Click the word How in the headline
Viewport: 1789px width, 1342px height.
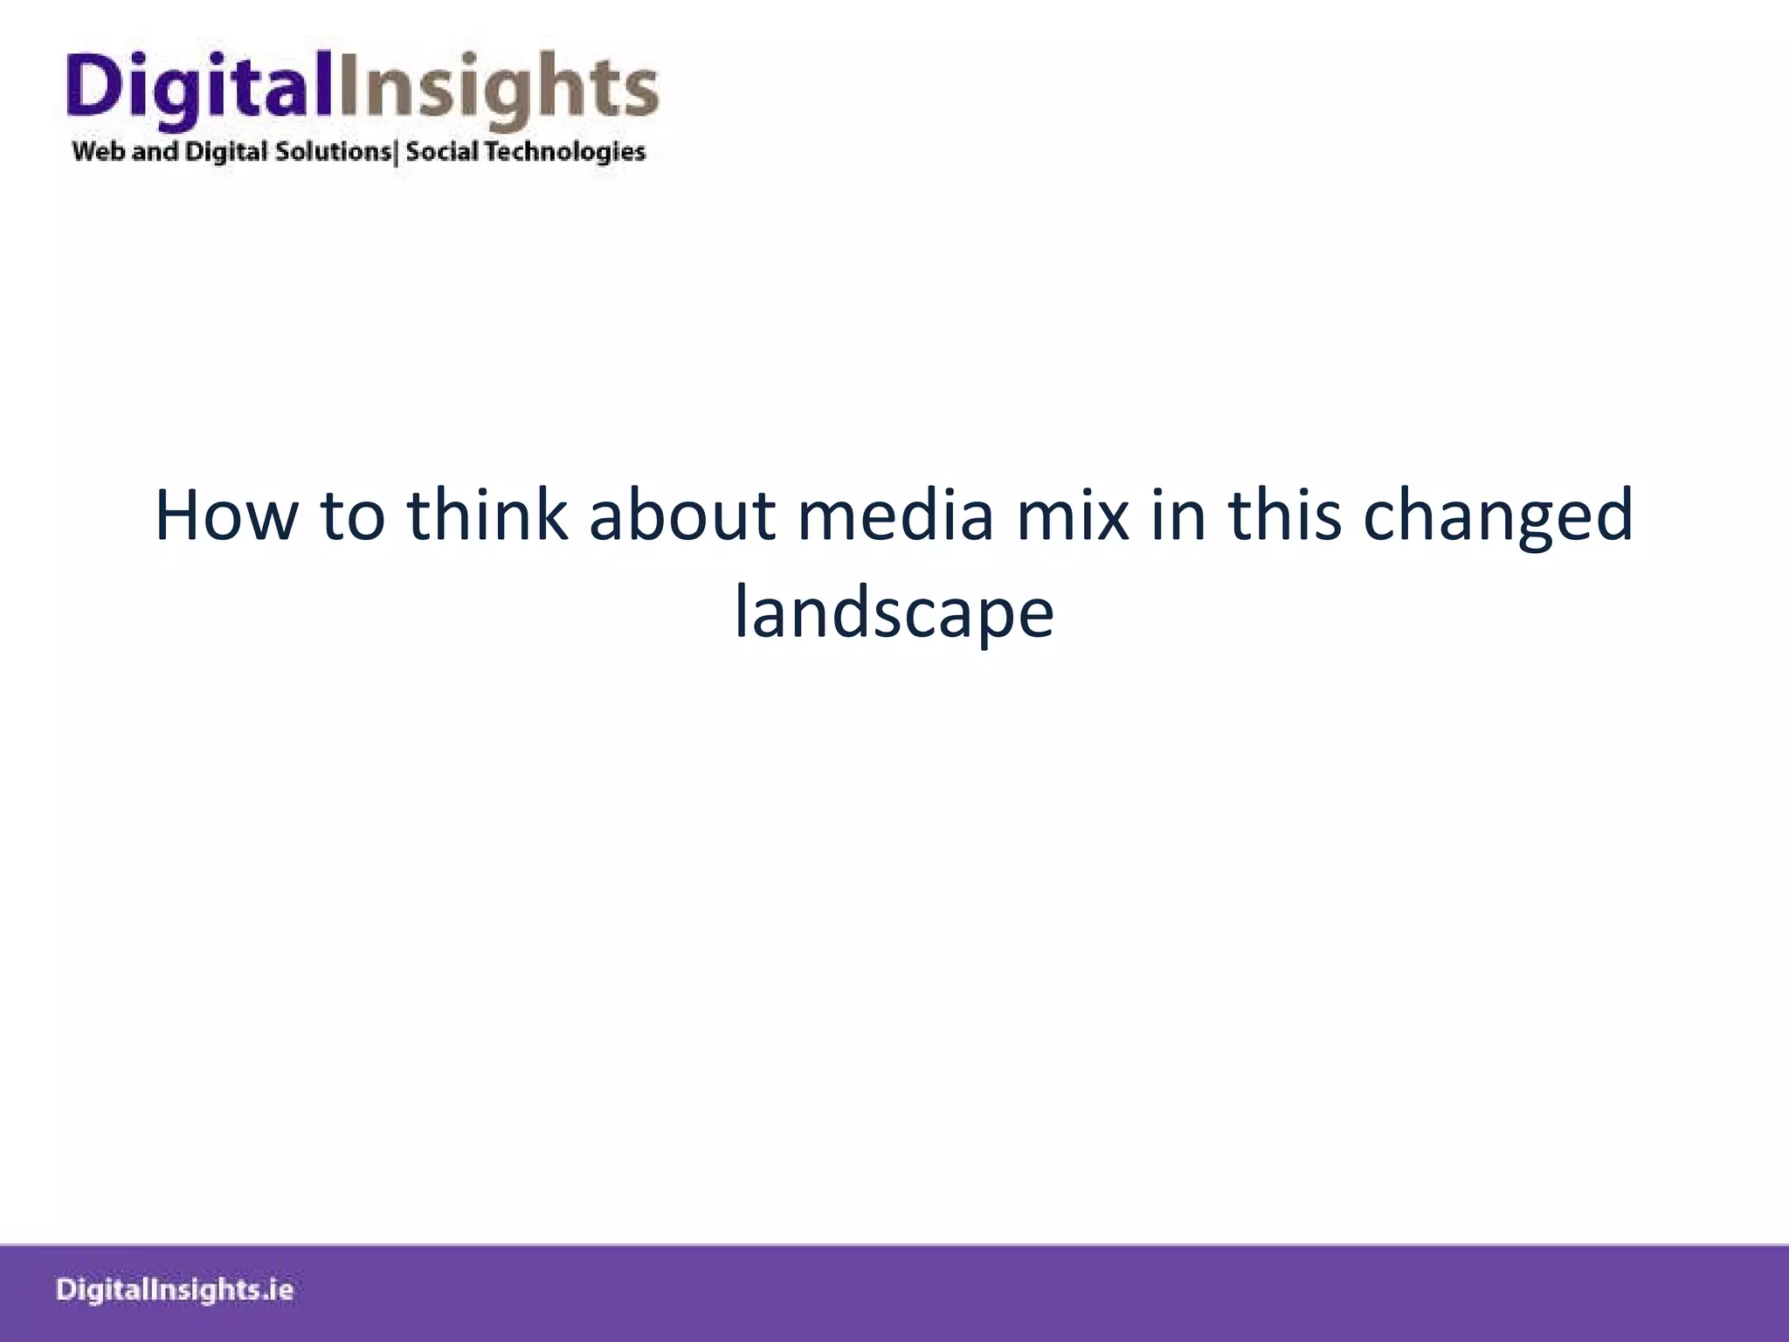coord(225,515)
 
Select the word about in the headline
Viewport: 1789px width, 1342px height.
coord(682,515)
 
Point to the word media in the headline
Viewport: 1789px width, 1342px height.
coord(895,515)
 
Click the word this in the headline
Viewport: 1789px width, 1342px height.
coord(1285,515)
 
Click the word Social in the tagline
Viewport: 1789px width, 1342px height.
coord(442,152)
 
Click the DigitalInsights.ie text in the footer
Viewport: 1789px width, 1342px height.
coord(175,1290)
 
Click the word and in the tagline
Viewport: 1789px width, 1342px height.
coord(155,152)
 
